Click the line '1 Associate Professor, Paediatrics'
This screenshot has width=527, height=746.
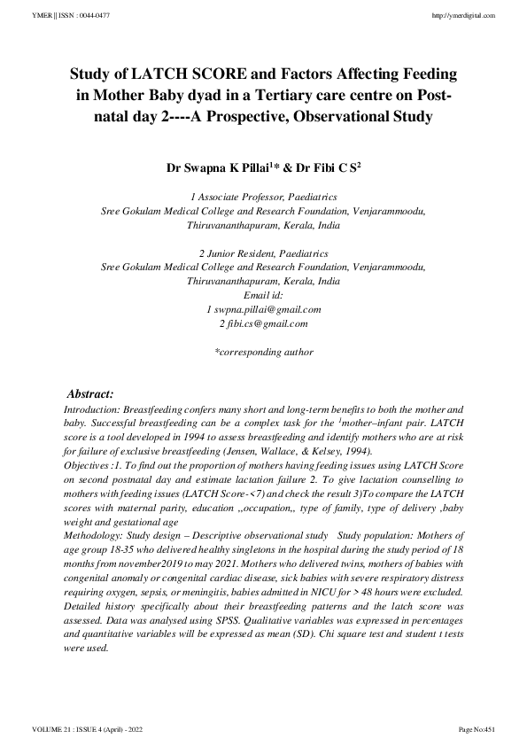(x=263, y=198)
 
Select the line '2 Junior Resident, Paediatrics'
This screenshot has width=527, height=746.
(x=263, y=253)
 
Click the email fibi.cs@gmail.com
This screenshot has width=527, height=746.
(x=263, y=323)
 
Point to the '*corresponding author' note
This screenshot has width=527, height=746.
(x=263, y=352)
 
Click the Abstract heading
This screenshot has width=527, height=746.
(x=91, y=393)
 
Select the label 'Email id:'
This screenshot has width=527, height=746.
(x=263, y=295)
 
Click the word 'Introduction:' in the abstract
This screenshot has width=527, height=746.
(x=91, y=411)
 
